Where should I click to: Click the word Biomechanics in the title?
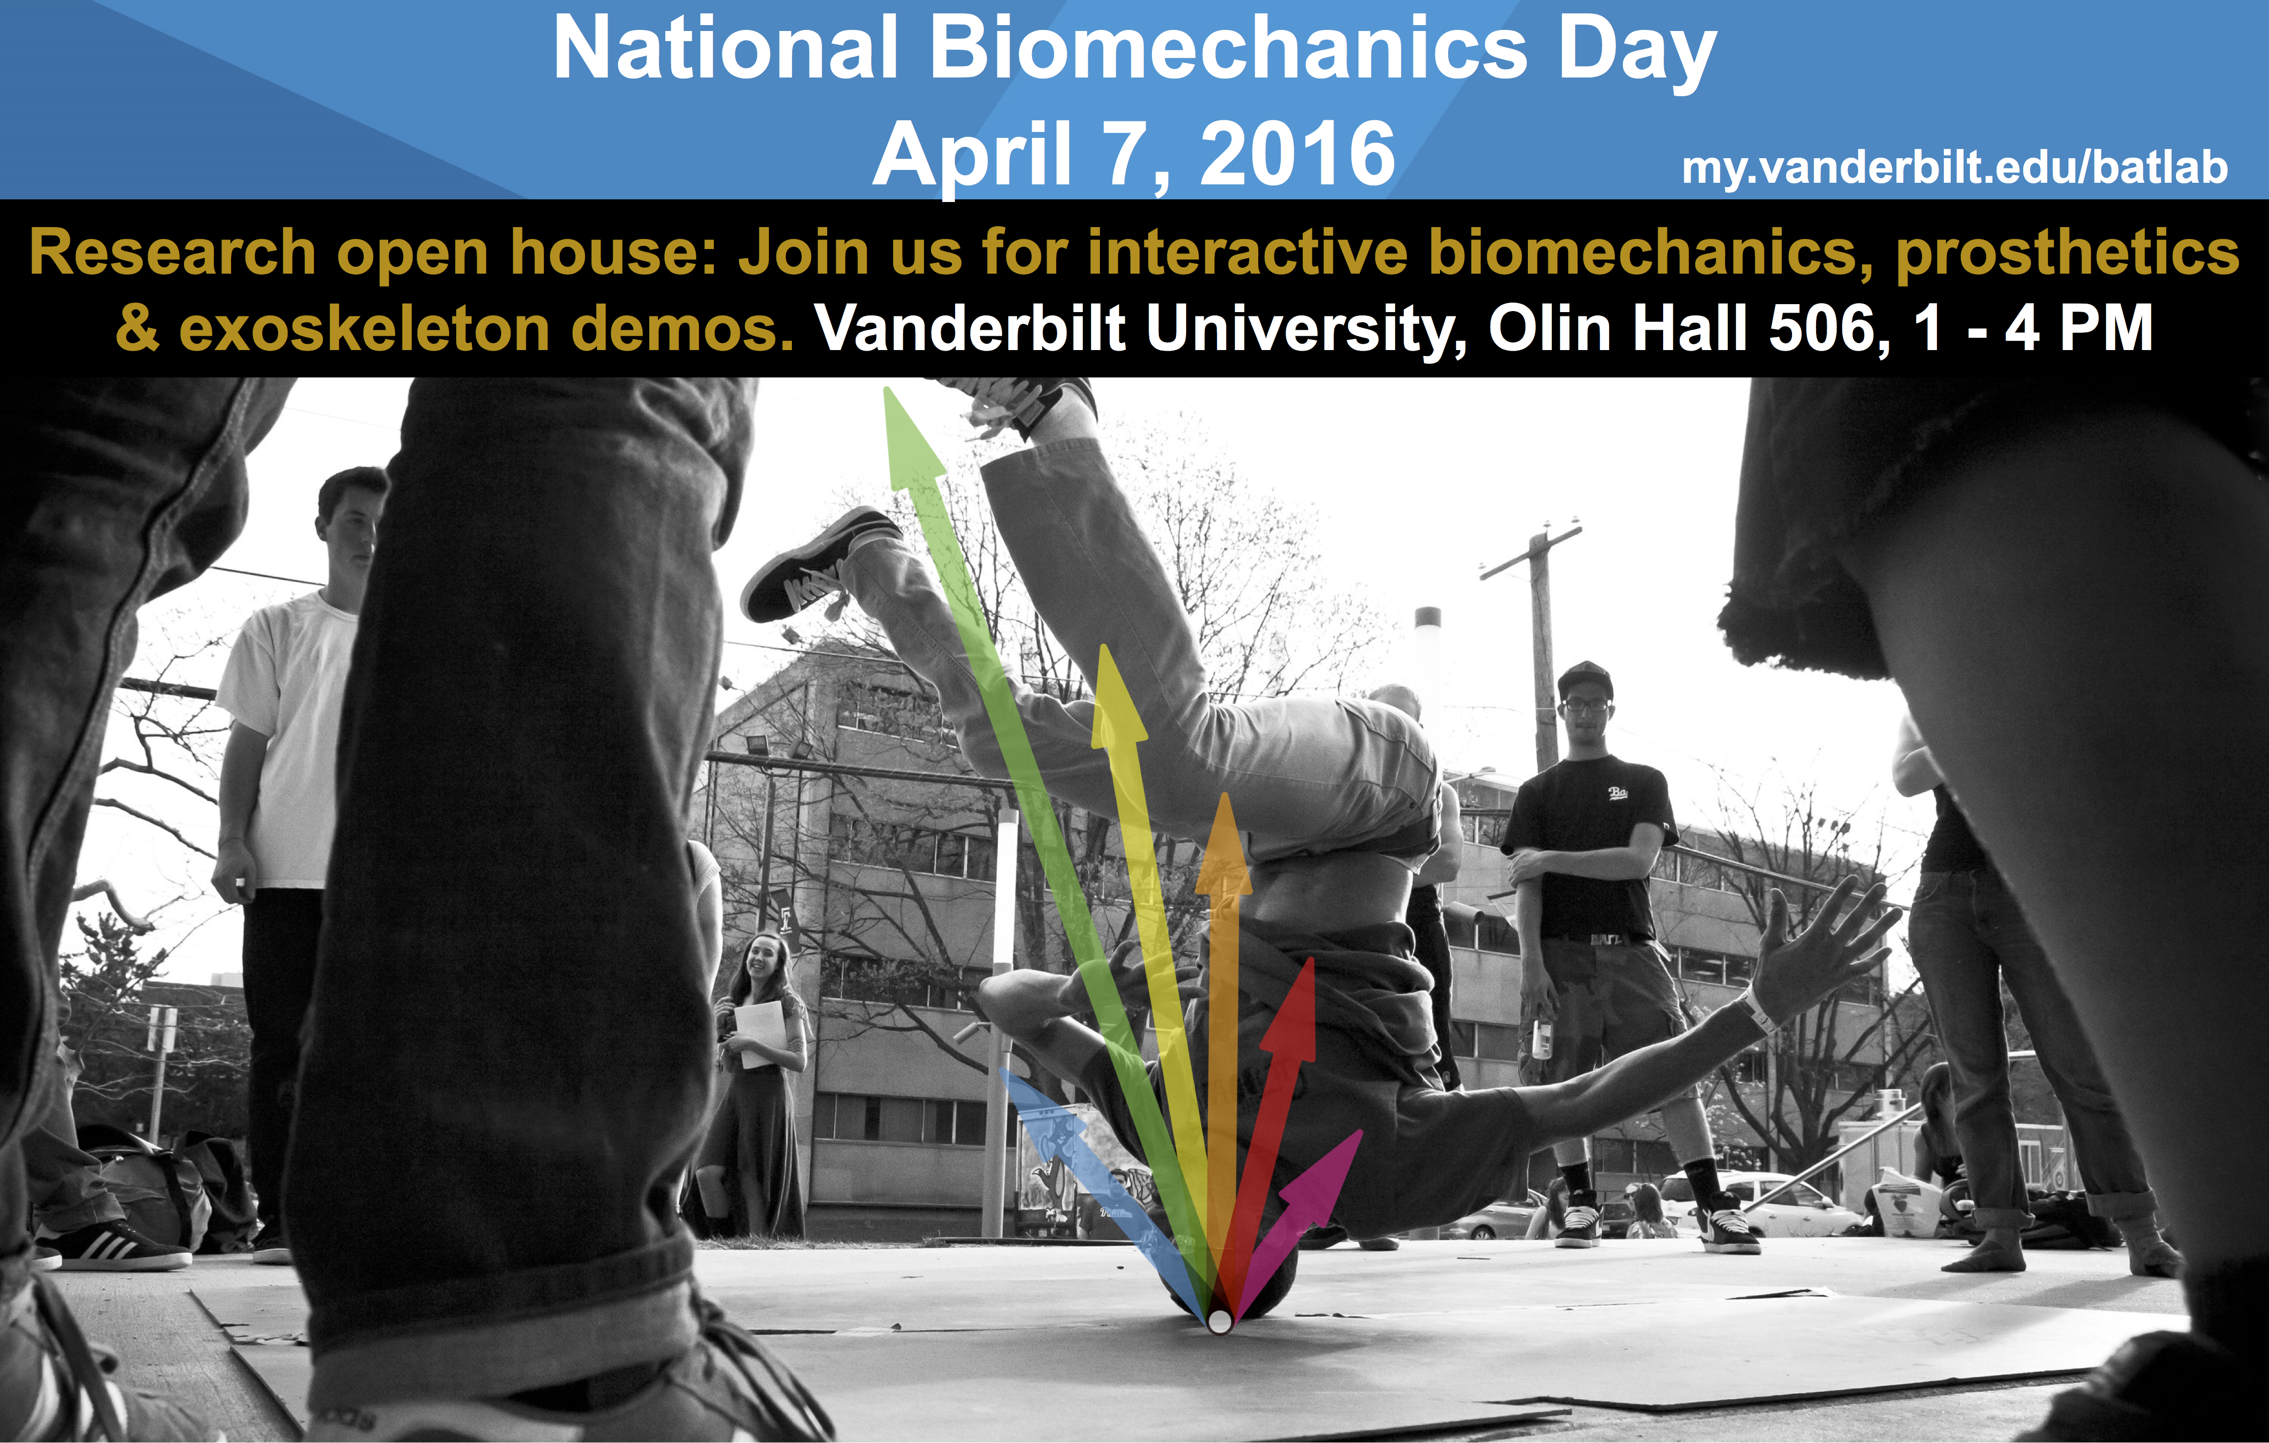pyautogui.click(x=1228, y=49)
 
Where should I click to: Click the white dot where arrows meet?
pyautogui.click(x=1219, y=1322)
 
